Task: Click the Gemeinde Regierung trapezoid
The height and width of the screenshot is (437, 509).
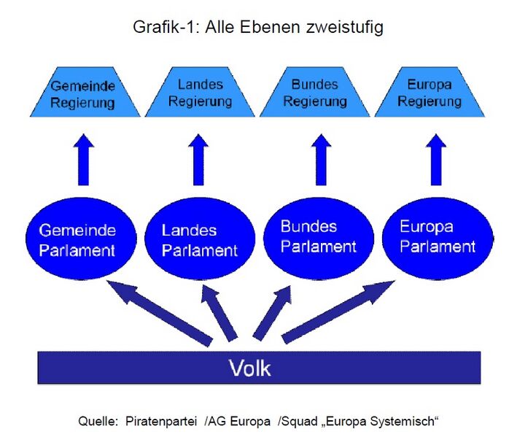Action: coord(82,94)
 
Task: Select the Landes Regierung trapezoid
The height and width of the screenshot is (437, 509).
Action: coord(199,93)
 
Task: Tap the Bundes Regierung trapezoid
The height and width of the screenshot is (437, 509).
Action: coord(316,93)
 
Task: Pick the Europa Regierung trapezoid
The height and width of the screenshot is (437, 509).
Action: coord(430,93)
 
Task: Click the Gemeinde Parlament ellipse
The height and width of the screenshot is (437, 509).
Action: coord(77,240)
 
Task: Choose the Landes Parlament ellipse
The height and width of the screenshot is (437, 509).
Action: coord(199,240)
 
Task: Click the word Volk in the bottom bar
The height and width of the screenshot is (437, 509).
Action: coord(250,368)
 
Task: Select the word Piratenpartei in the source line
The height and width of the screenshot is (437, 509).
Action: coord(161,421)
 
